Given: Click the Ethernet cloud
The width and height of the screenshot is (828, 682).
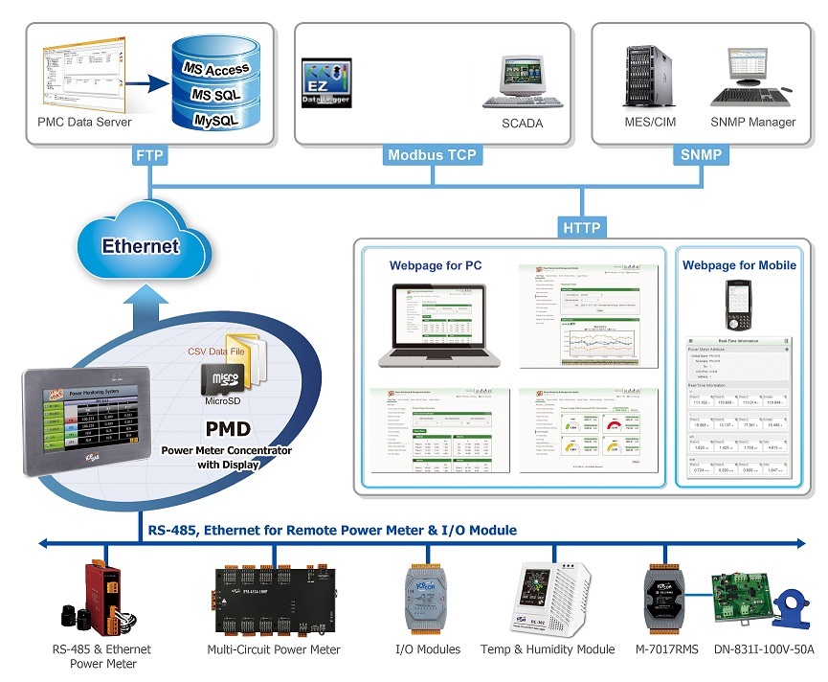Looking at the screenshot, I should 141,245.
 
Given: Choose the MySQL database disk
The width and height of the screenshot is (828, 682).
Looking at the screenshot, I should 219,121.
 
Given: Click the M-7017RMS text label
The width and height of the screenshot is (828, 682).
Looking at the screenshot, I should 665,649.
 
